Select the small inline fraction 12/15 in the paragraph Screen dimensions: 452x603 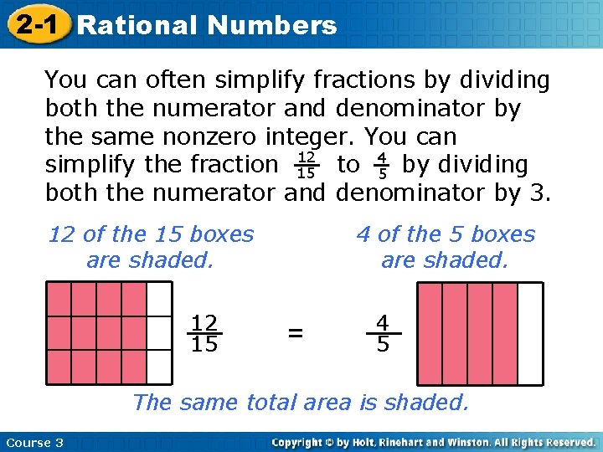306,165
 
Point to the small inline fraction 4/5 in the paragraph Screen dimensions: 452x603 381,165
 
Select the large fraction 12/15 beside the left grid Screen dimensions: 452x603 204,333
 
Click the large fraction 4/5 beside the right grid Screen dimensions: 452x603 383,333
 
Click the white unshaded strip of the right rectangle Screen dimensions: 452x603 530,333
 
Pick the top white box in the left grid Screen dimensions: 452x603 159,299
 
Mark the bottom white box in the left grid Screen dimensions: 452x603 159,367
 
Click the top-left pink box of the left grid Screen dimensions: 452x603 59,299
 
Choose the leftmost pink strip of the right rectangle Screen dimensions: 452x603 430,333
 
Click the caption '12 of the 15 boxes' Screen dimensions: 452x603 151,234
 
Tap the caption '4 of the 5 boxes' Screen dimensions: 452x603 446,234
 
